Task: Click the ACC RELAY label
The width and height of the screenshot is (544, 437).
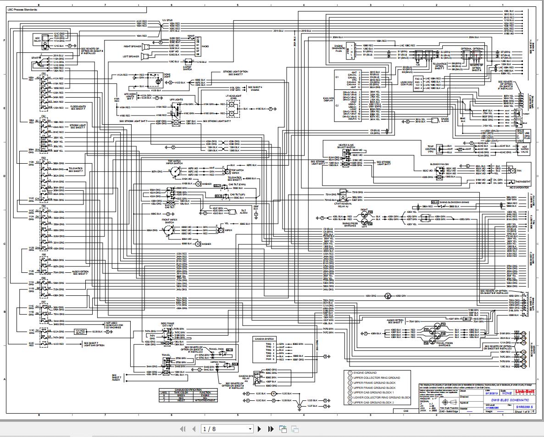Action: coord(37,39)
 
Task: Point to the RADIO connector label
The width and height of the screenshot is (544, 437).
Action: coord(205,47)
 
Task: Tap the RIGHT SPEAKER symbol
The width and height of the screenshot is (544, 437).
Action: coord(144,46)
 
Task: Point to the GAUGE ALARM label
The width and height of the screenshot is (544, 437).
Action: coord(444,120)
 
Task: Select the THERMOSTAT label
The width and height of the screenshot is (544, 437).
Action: coord(523,182)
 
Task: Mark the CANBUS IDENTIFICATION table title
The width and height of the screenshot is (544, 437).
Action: coord(187,390)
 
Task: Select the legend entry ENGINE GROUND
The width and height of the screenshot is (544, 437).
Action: coord(365,373)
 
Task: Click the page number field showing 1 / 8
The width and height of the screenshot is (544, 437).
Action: coord(227,429)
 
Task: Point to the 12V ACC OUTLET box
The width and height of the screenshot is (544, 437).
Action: coord(81,331)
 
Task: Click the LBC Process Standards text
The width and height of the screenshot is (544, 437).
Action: coord(23,9)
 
